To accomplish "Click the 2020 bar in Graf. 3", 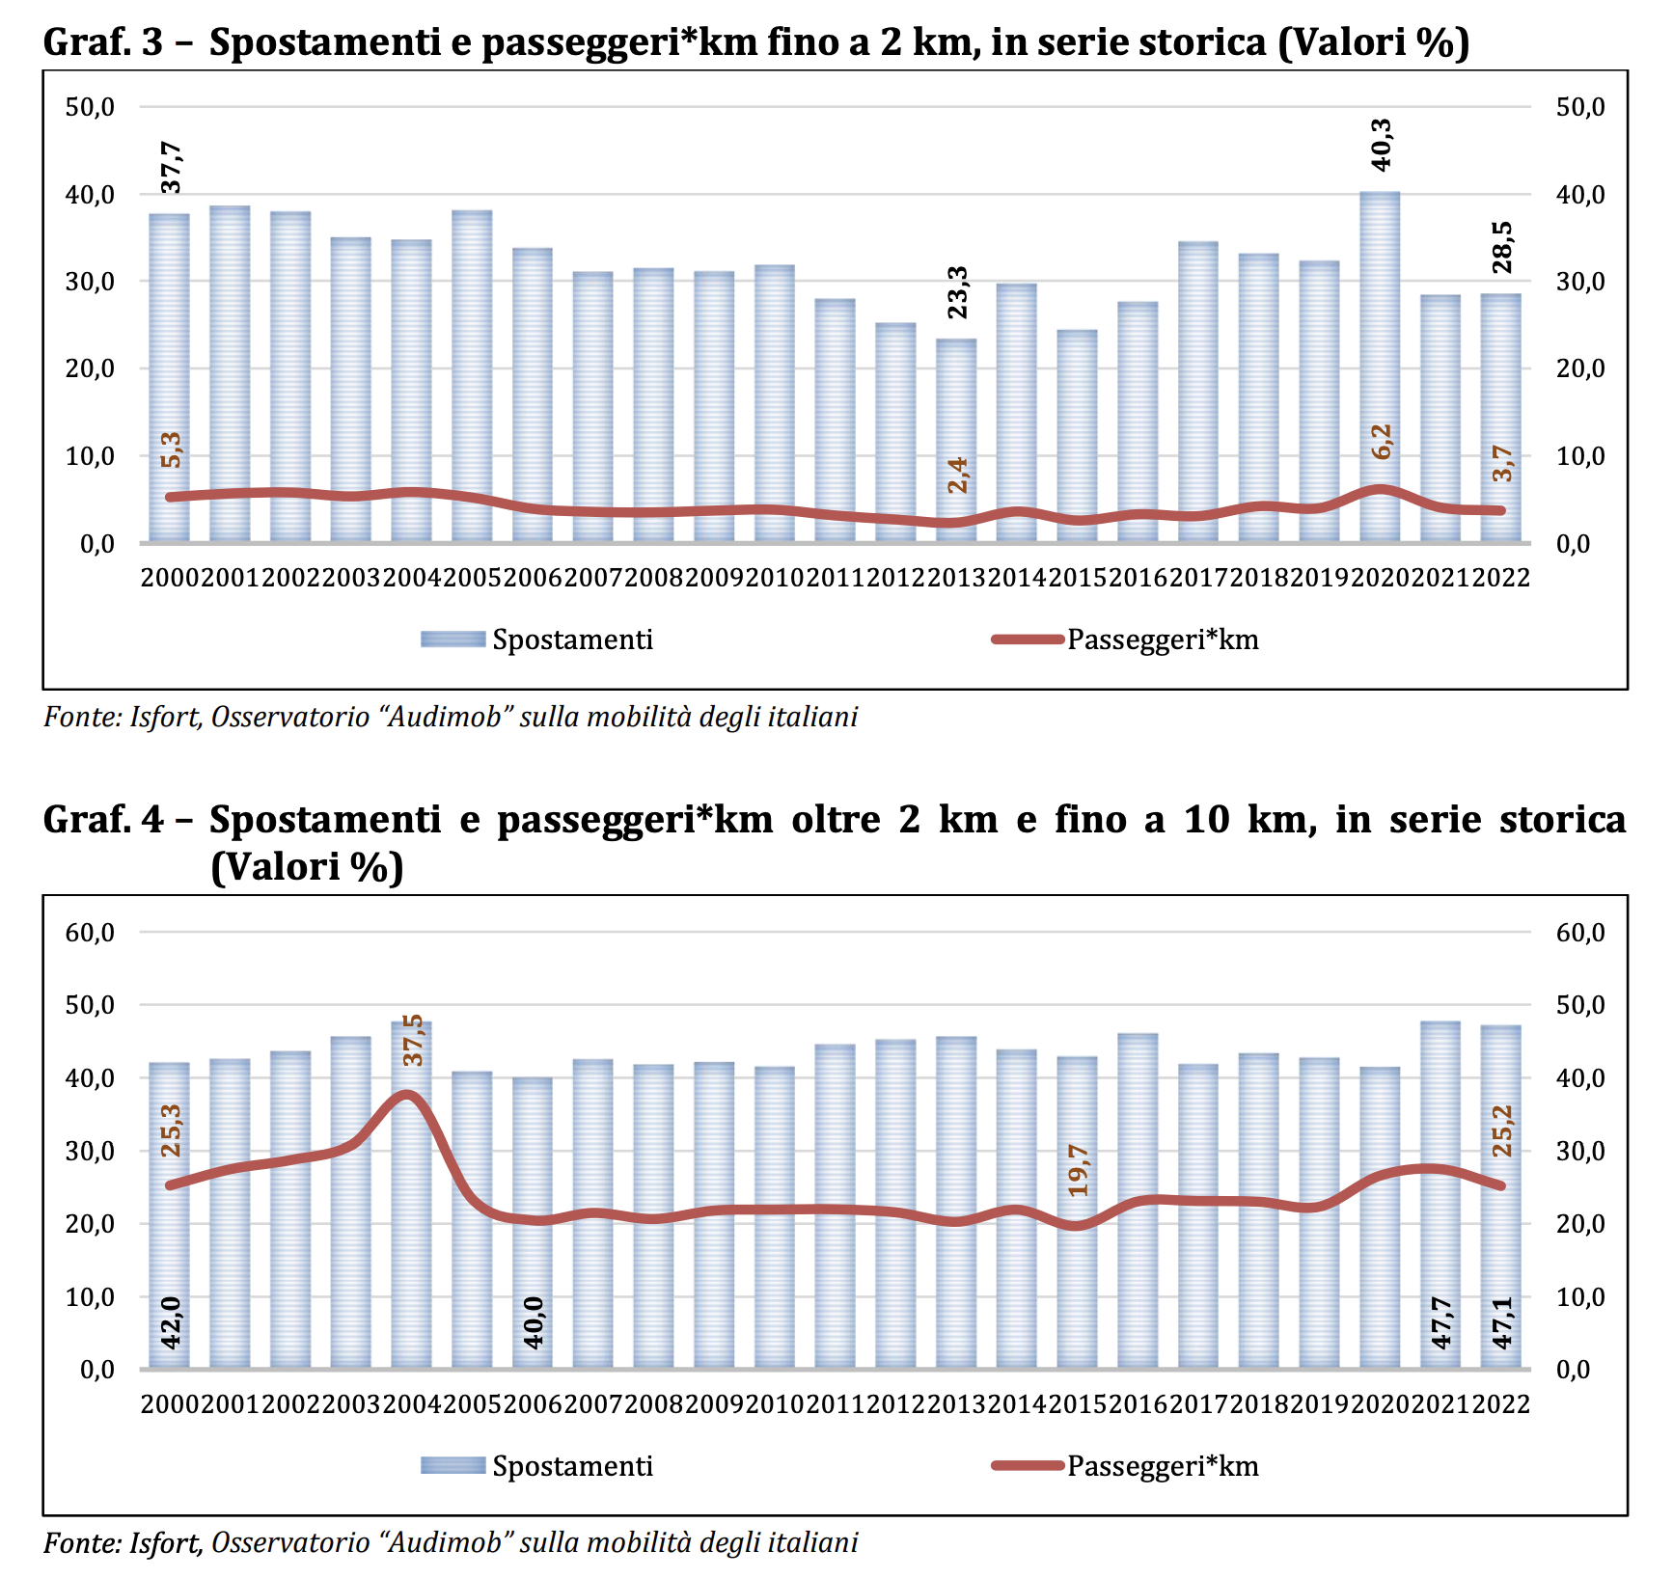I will coord(1380,367).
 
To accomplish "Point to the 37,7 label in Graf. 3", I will coord(171,167).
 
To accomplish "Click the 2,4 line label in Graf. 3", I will coord(957,475).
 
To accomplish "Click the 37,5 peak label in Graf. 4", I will coord(412,1040).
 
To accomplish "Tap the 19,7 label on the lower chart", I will coord(1078,1170).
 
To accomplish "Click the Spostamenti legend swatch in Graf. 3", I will coord(453,639).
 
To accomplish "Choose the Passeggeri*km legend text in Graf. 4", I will coord(1163,1466).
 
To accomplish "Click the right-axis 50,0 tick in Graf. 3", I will coord(1580,107).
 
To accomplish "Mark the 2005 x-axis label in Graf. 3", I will coord(472,578).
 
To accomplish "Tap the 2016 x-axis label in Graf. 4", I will coord(1138,1404).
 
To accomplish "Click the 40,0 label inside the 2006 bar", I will coord(533,1321).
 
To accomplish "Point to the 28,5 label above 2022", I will coord(1501,247).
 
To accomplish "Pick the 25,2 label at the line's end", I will coord(1502,1130).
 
